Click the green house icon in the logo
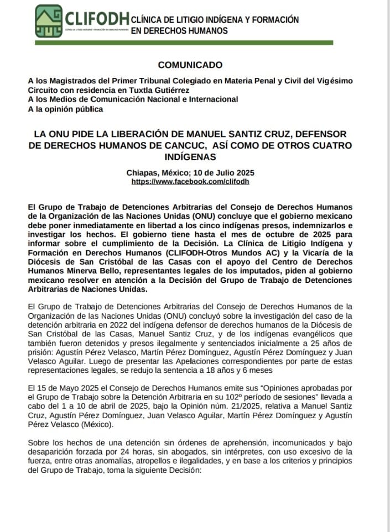49,21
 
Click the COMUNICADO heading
190,65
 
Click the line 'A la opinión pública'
66,109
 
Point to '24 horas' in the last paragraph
127,455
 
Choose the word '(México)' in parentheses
76,426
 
